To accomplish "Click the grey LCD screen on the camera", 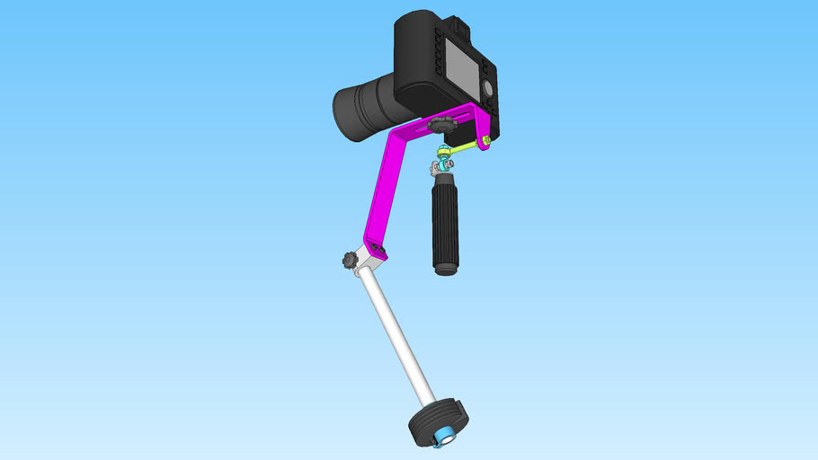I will (x=461, y=69).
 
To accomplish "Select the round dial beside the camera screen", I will (x=487, y=87).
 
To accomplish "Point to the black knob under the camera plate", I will (x=441, y=123).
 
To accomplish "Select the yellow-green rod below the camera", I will (x=464, y=146).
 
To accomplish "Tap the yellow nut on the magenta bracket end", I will (x=485, y=139).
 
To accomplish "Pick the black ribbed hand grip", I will (x=445, y=220).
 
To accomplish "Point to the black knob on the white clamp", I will (x=349, y=261).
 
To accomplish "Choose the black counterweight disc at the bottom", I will (x=439, y=422).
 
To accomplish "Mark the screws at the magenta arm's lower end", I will (x=376, y=249).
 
